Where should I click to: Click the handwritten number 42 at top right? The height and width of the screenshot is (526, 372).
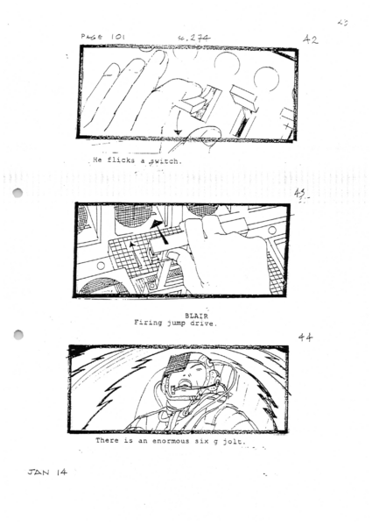[x=310, y=39]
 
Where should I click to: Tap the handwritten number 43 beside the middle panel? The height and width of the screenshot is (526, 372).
[x=300, y=194]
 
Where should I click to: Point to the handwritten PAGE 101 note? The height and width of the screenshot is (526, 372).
[x=103, y=37]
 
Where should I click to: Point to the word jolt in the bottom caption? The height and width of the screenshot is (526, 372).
[x=228, y=441]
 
